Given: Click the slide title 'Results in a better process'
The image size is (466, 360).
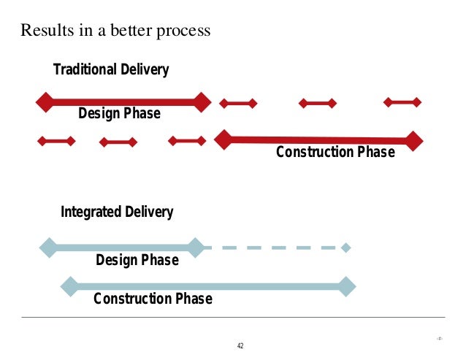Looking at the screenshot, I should [x=115, y=31].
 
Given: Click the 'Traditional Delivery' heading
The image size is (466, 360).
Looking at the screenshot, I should [x=111, y=70].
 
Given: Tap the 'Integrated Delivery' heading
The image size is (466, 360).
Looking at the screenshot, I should [x=117, y=212].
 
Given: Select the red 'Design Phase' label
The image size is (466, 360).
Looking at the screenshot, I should [x=119, y=114].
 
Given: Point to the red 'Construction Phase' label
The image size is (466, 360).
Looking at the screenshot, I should [x=335, y=153].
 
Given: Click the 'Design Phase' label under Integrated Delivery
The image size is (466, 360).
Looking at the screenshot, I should [x=137, y=260].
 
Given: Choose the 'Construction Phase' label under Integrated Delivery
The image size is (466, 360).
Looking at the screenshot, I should [x=153, y=299].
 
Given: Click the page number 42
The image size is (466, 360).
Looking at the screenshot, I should [x=240, y=345].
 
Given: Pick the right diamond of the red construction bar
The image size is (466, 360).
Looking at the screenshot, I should [x=415, y=140].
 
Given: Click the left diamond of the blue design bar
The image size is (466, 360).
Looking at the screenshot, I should [x=48, y=247].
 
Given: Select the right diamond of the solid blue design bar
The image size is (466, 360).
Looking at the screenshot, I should [x=195, y=248].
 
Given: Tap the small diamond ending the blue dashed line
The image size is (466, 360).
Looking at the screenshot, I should [x=346, y=248].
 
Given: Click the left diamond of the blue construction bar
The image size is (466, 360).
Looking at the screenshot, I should [x=69, y=286].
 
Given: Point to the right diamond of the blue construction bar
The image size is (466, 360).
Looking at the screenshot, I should [x=347, y=287].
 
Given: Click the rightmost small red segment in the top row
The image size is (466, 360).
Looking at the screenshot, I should [x=402, y=102].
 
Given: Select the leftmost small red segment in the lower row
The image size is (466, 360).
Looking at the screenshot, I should [x=56, y=141].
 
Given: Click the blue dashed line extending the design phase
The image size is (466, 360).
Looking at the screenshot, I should [x=270, y=248].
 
